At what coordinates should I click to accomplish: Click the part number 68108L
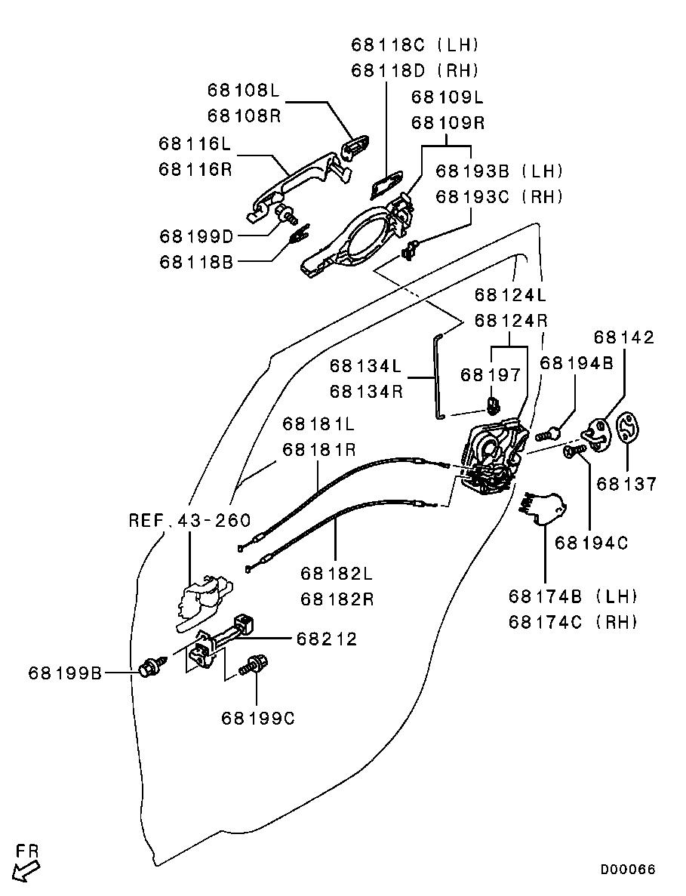[243, 91]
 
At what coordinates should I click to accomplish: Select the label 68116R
[195, 169]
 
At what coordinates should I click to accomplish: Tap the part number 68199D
[196, 236]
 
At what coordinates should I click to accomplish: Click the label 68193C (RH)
[500, 197]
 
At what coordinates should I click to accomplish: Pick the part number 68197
[491, 374]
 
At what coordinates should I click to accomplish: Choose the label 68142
[624, 337]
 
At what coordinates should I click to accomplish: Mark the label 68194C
[591, 542]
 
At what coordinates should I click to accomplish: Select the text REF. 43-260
[189, 521]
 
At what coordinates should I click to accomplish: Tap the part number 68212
[326, 639]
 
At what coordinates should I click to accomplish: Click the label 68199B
[65, 672]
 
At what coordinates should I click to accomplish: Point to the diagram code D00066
[628, 870]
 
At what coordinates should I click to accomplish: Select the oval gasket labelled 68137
[627, 428]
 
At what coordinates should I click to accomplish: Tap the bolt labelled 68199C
[251, 667]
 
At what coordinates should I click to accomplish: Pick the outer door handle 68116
[298, 181]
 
